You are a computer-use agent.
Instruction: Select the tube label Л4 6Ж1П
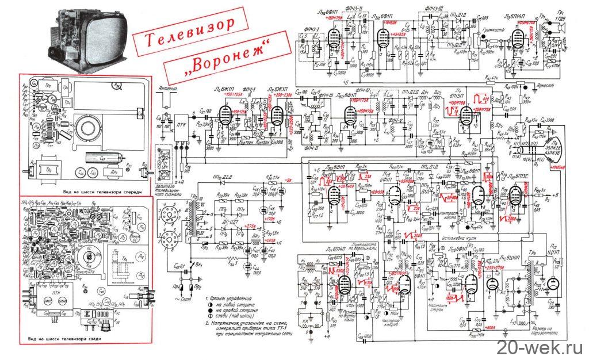tap(225, 91)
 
